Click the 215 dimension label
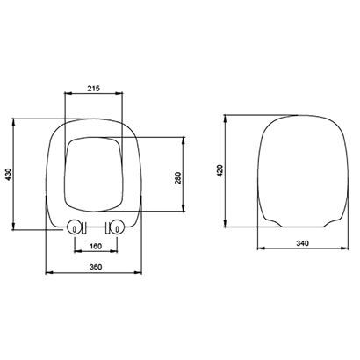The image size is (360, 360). click(94, 88)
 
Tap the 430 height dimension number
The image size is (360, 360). click(9, 174)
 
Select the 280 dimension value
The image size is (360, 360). click(178, 177)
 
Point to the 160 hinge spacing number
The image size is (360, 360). click(96, 246)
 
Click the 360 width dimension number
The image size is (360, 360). click(96, 267)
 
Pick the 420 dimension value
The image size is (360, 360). click(220, 170)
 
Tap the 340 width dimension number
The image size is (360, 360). click(302, 243)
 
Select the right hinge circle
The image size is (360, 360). click(118, 227)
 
